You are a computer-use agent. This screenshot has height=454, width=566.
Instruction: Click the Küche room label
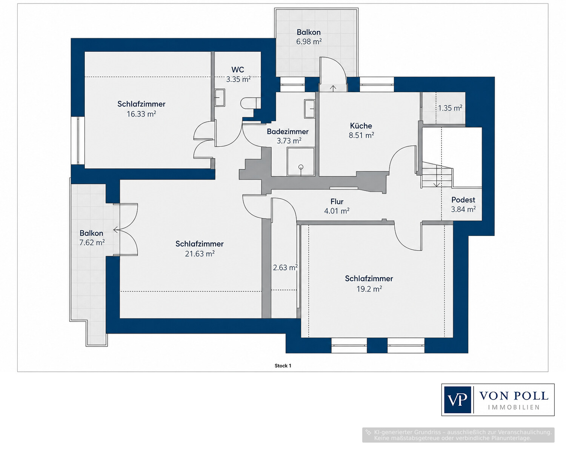361,126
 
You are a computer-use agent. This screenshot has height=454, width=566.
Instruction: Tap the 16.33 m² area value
141,114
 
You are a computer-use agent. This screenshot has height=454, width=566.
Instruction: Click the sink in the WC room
220,97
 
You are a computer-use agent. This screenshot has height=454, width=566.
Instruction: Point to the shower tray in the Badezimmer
301,162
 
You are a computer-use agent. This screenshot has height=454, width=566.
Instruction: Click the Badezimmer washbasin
309,109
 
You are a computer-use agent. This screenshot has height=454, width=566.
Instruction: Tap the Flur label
337,202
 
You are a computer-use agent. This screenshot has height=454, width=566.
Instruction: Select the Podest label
463,200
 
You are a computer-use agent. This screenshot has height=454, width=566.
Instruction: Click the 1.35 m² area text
450,108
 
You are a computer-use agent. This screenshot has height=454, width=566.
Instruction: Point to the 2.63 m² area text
285,268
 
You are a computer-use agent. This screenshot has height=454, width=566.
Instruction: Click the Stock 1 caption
283,366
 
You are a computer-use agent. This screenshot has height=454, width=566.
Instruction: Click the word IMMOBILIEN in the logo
514,408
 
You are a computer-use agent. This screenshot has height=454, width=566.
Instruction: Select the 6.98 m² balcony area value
309,42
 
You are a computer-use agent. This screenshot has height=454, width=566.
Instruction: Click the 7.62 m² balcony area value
92,242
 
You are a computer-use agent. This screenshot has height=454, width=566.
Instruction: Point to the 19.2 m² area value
369,289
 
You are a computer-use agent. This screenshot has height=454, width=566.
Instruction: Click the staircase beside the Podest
437,174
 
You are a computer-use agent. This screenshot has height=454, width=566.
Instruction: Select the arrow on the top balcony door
333,88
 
